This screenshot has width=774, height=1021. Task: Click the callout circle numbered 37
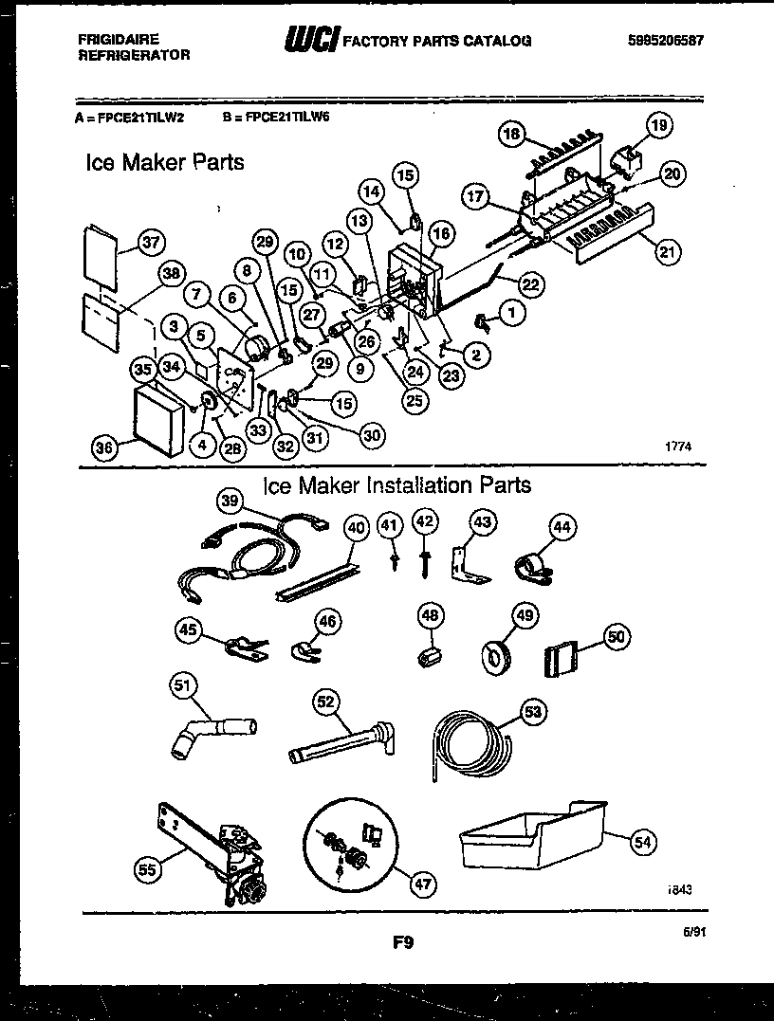pos(148,242)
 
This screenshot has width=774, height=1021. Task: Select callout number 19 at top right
pos(658,123)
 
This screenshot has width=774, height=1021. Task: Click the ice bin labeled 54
pos(531,839)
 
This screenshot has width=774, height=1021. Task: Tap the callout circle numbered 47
pos(423,884)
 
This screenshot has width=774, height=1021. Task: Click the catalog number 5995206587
pos(667,41)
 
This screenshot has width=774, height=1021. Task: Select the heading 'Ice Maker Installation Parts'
pos(396,486)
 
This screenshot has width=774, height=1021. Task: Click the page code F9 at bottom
pos(401,942)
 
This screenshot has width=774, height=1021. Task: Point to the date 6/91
pos(694,933)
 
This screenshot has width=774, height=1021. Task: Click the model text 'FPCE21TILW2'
pos(137,119)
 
